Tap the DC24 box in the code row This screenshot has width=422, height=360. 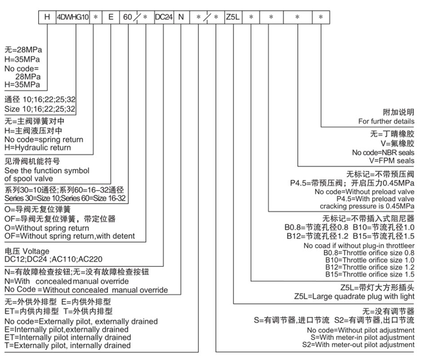163,17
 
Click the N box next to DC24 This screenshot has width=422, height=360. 181,17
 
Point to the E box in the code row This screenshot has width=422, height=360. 110,17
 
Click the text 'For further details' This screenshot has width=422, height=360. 386,121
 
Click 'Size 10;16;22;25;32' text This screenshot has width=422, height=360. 40,109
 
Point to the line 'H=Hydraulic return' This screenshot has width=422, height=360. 38,147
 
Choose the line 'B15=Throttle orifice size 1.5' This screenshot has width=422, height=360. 369,275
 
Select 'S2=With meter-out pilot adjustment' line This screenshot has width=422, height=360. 358,345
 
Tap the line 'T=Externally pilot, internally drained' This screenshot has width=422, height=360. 67,345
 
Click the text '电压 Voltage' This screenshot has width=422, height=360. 27,251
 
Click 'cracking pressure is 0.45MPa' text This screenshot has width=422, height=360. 367,206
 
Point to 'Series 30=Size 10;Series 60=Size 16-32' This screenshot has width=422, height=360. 65,198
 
